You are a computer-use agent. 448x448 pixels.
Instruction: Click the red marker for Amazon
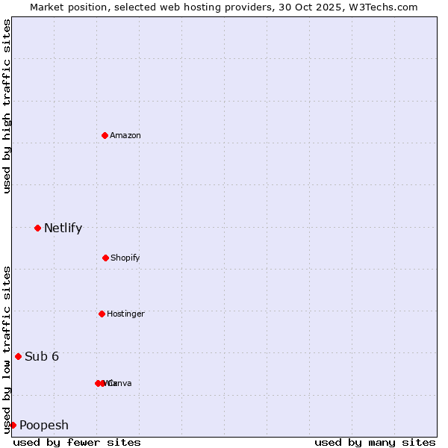pyautogui.click(x=105, y=135)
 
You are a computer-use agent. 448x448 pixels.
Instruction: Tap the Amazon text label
pyautogui.click(x=125, y=135)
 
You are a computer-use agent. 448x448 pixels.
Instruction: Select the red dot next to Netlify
pyautogui.click(x=37, y=228)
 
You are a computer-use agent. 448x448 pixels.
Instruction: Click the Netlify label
pyautogui.click(x=63, y=228)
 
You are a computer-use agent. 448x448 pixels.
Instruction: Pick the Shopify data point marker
pyautogui.click(x=105, y=258)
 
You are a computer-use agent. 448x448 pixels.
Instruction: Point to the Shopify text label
pyautogui.click(x=125, y=258)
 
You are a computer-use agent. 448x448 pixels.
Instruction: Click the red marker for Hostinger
pyautogui.click(x=102, y=314)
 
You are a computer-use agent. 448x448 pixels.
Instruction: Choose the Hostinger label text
pyautogui.click(x=125, y=314)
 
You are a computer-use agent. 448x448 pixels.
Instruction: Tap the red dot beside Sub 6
pyautogui.click(x=18, y=356)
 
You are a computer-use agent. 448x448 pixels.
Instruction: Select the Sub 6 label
pyautogui.click(x=42, y=356)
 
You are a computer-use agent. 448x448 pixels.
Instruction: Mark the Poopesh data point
pyautogui.click(x=13, y=425)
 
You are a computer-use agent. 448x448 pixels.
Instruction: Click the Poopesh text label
pyautogui.click(x=44, y=425)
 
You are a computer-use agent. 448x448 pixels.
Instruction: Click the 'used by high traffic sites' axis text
pyautogui.click(x=7, y=106)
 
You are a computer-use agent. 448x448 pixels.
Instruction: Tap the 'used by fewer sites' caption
pyautogui.click(x=77, y=442)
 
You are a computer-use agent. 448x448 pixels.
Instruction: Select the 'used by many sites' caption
pyautogui.click(x=375, y=442)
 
